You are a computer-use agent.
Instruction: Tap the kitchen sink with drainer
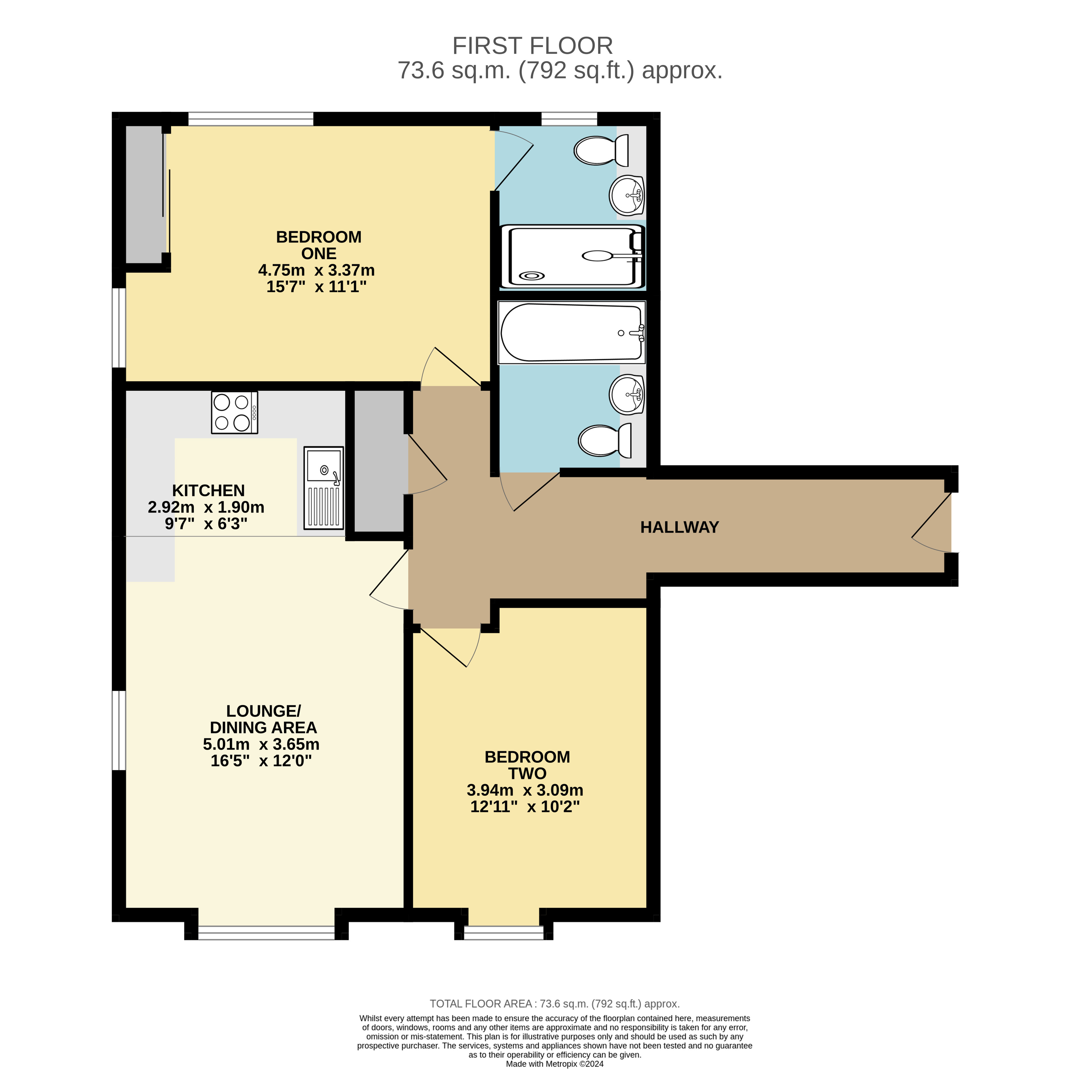coord(323,488)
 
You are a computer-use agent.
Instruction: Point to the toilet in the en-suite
coord(601,150)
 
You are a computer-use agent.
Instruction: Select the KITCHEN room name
coord(208,490)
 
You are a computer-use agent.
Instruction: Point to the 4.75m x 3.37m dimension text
coord(316,270)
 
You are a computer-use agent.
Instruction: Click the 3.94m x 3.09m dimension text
coord(525,790)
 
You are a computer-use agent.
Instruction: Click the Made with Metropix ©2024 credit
coord(554,1063)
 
